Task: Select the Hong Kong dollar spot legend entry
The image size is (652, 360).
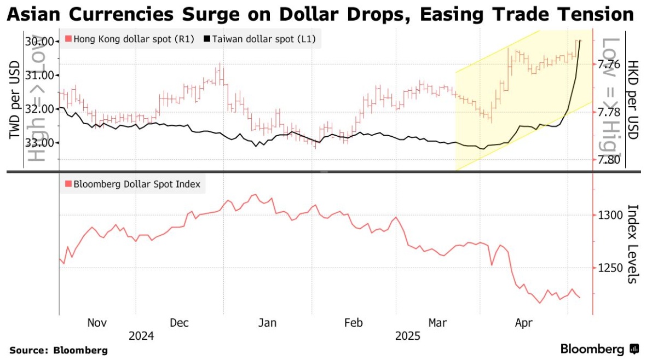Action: coord(129,39)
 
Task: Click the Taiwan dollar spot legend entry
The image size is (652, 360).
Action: coord(259,39)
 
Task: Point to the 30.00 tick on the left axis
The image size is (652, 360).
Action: coord(39,42)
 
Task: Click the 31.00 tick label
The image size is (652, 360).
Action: coord(39,75)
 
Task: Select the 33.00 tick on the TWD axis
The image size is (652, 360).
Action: coord(39,142)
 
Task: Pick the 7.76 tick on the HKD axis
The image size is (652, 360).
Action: coord(609,65)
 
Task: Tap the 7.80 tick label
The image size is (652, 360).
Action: coord(609,159)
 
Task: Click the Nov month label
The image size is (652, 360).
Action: coord(98,323)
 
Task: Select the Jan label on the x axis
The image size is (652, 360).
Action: coord(267,323)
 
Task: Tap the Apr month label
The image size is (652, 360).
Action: coord(524,323)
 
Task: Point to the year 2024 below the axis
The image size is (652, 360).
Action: coord(141,335)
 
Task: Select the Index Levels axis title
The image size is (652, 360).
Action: coord(633,244)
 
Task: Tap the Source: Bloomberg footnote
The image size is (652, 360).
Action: coord(59,350)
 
